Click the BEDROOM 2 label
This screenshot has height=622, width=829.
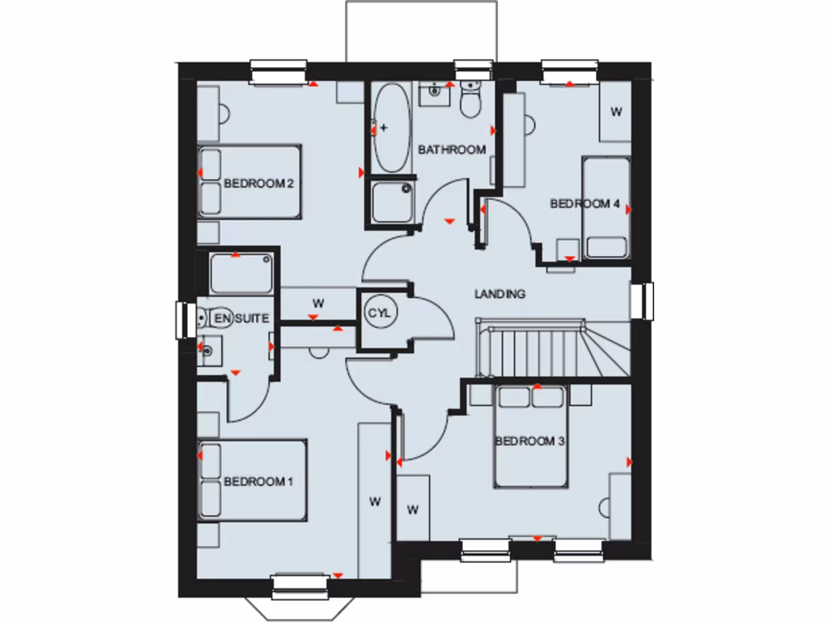tap(258, 184)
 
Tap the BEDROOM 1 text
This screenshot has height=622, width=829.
tap(258, 482)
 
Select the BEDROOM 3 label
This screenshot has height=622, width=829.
tap(529, 441)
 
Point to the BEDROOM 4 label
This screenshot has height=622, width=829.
tap(585, 204)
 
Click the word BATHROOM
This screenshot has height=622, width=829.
tap(452, 150)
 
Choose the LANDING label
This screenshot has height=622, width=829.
tap(500, 294)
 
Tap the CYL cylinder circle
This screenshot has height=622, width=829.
tap(380, 313)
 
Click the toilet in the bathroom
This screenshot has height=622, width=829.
tap(470, 101)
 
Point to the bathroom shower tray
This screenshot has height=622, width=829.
tap(392, 201)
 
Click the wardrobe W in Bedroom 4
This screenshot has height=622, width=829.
tap(616, 112)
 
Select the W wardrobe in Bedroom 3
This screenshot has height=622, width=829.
tap(413, 509)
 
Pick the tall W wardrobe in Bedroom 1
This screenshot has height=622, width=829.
tap(374, 501)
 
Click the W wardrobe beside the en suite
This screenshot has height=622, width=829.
tap(318, 303)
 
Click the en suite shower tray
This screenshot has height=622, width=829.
tap(240, 274)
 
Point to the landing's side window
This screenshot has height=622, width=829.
tap(646, 300)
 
